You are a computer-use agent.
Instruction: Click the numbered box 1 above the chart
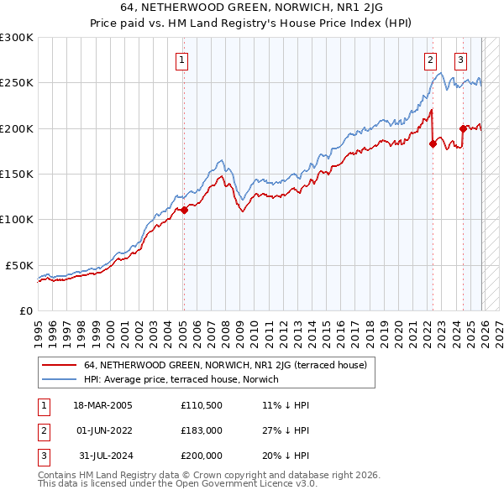182,60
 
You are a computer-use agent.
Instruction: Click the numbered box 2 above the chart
430,60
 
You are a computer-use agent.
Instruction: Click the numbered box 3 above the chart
461,60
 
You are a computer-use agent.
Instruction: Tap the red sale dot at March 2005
184,211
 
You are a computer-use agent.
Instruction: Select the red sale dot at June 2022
433,143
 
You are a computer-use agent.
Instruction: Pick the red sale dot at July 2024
463,128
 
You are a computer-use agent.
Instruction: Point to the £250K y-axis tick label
16,83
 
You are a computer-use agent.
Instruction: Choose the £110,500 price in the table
201,405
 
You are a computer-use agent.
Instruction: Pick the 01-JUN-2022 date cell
102,430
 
